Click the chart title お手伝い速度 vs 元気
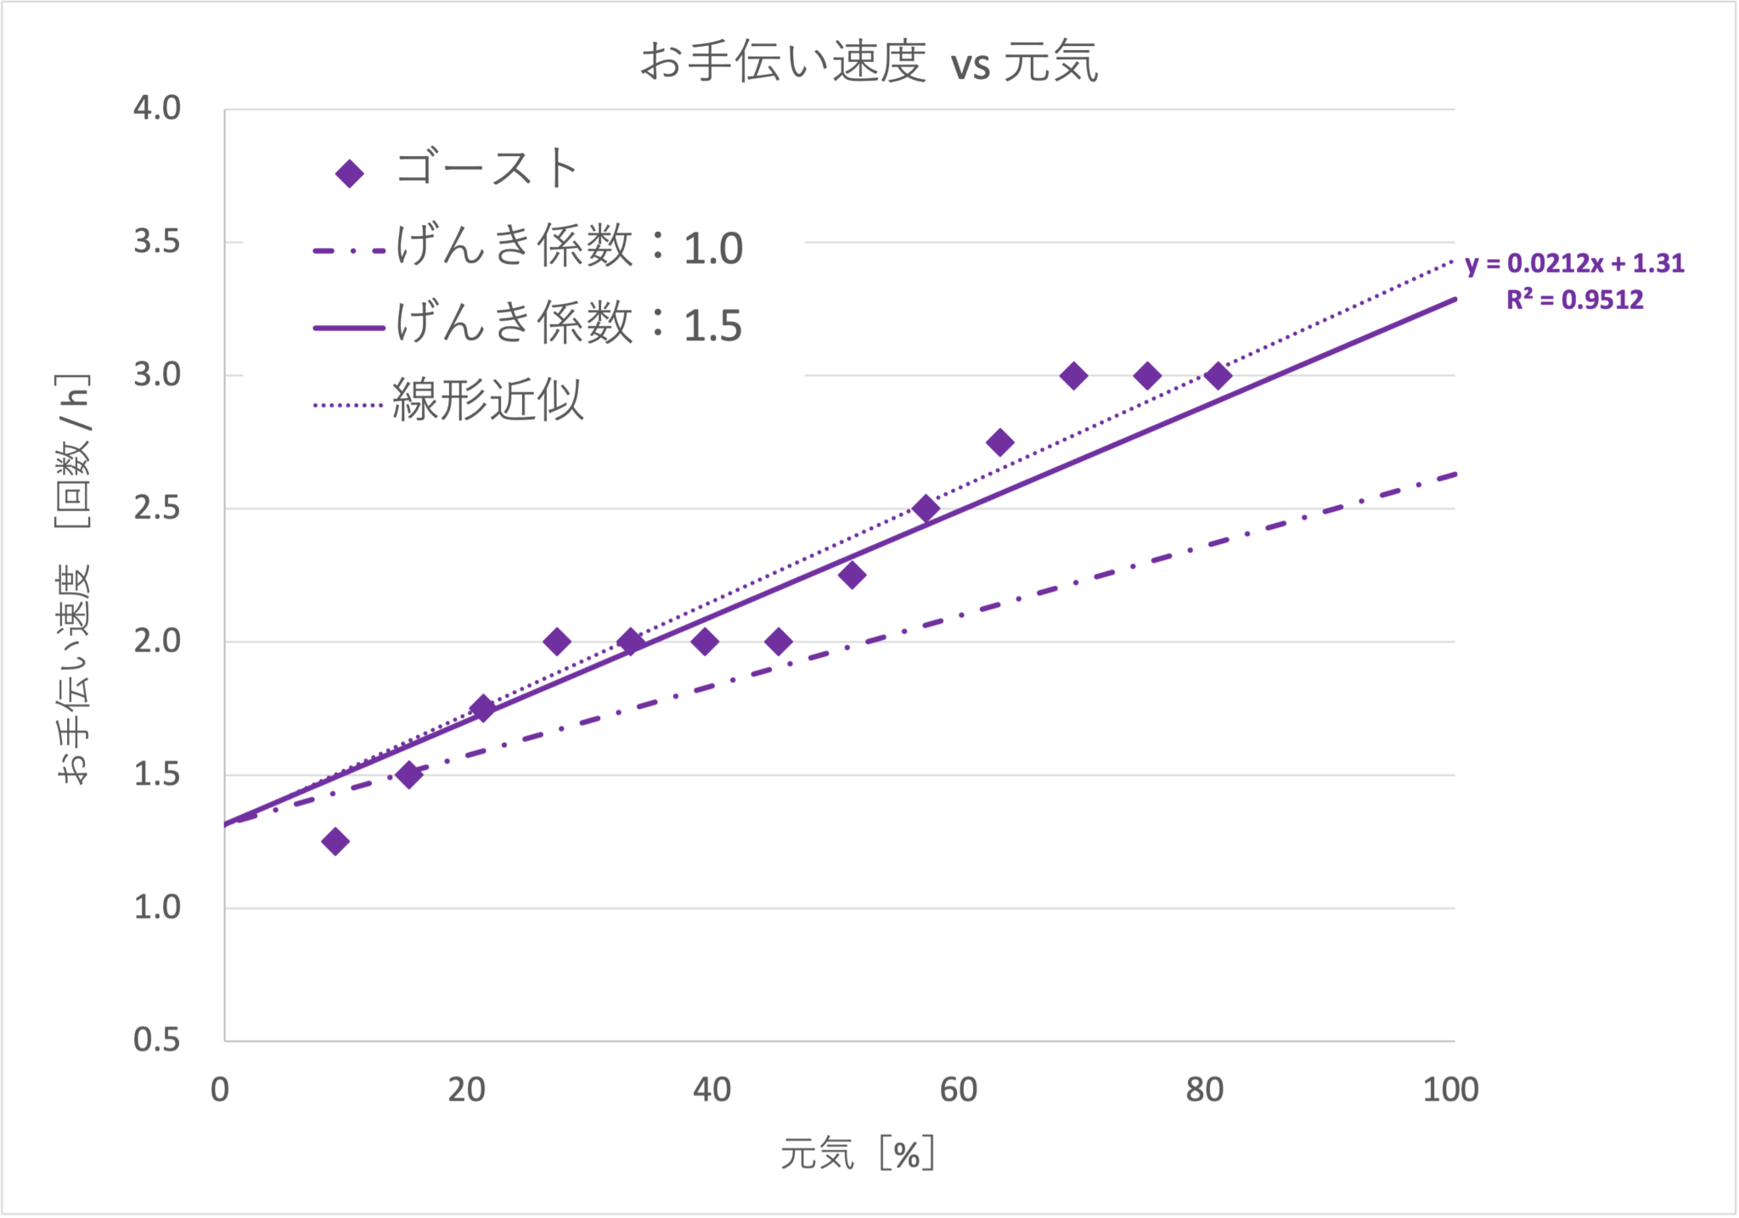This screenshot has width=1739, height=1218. [869, 62]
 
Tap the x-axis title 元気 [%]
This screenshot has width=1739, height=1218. [858, 1153]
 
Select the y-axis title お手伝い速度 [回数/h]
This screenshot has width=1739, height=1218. [73, 579]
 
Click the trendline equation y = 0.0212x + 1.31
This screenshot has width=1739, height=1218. [1574, 264]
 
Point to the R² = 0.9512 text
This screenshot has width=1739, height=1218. [1574, 300]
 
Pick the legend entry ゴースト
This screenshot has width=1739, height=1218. [487, 168]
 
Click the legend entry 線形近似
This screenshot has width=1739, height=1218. [487, 401]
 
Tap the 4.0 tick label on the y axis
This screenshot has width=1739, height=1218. [157, 109]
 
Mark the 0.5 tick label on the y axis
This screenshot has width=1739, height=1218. [157, 1040]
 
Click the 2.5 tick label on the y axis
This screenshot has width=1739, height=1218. [157, 508]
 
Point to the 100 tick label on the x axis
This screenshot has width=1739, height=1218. [1450, 1090]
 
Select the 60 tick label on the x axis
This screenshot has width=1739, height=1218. [959, 1090]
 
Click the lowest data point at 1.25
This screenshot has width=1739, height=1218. [335, 841]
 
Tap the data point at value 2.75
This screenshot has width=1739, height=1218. [999, 442]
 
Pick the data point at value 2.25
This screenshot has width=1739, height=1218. [852, 575]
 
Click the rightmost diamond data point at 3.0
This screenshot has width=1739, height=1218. [1218, 375]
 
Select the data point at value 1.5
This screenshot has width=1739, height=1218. [409, 774]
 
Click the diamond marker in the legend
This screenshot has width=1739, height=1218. [350, 174]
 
